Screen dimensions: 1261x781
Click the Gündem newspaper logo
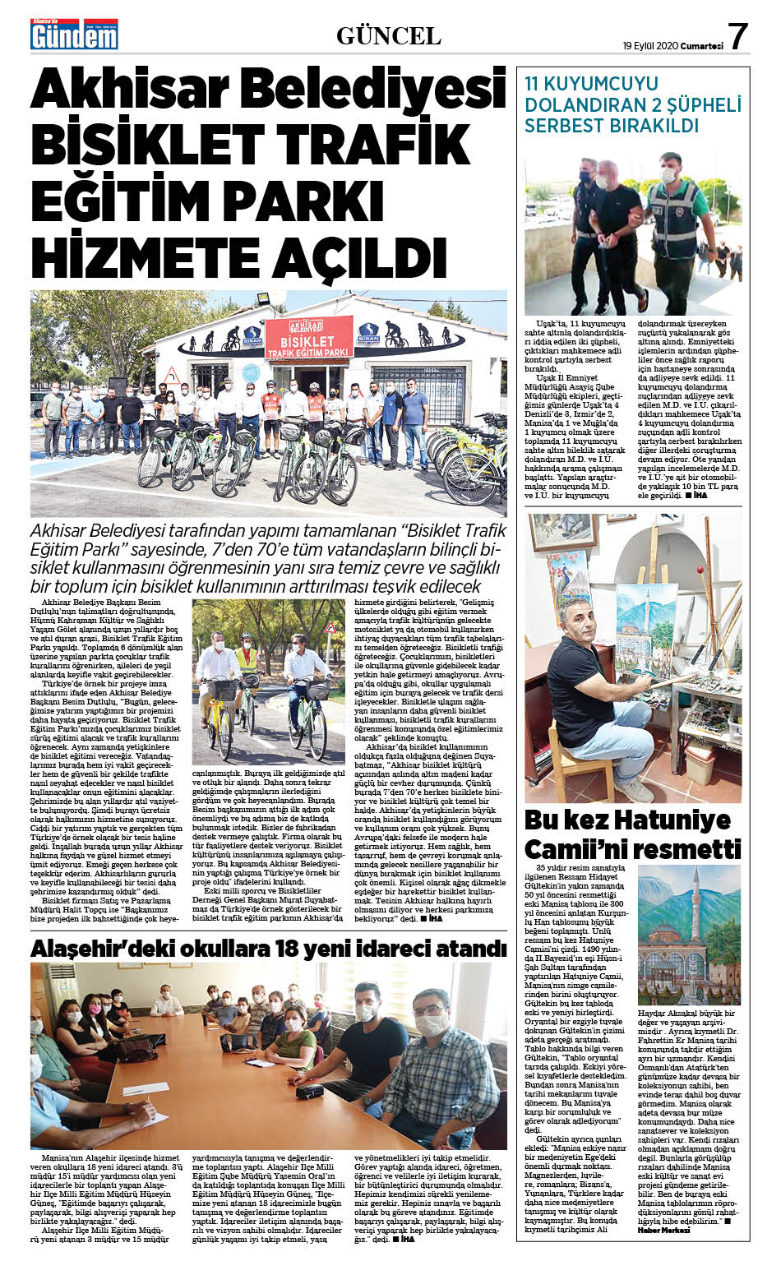(74, 34)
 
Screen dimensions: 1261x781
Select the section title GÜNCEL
(389, 35)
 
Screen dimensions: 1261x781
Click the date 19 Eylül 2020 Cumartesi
(672, 46)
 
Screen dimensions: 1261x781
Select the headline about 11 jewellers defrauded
(632, 104)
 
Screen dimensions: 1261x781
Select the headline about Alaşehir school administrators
(268, 949)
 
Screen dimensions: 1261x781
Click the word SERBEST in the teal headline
(564, 126)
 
